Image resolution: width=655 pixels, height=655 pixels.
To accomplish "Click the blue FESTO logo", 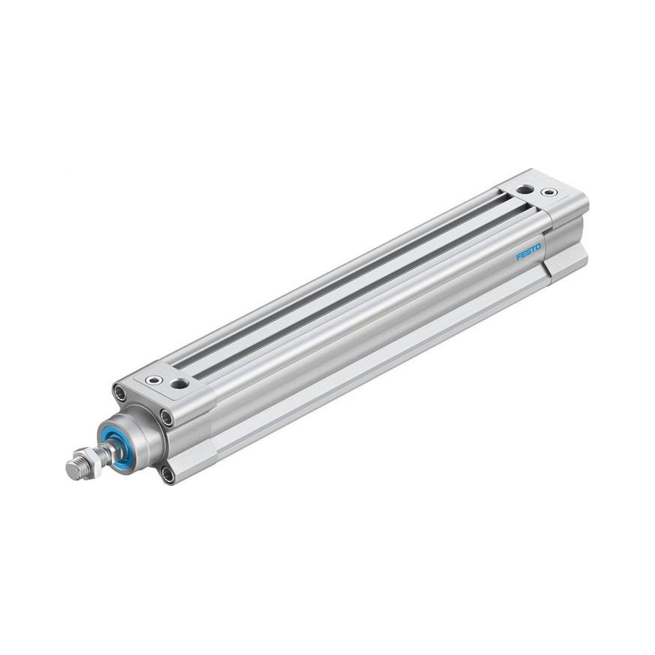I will [x=529, y=253].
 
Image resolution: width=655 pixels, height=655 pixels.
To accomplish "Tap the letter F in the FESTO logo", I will [x=519, y=258].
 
